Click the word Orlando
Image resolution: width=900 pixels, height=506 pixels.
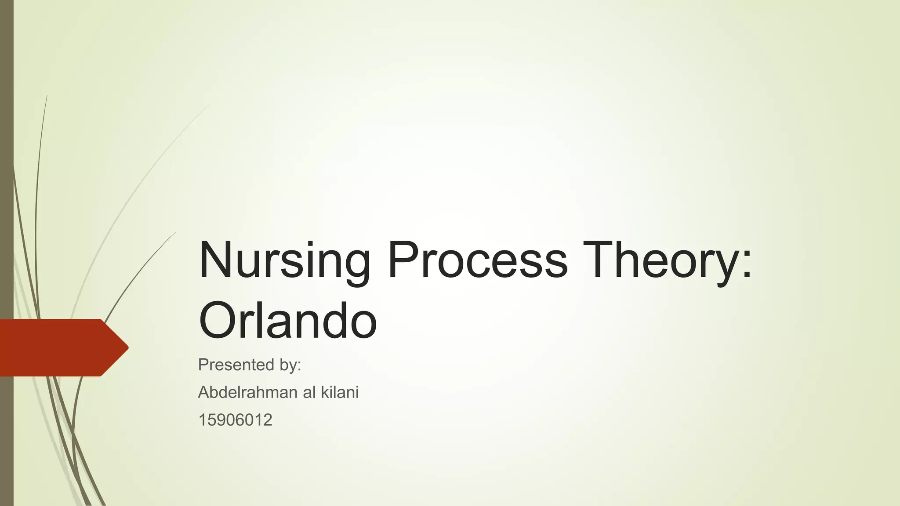(288, 321)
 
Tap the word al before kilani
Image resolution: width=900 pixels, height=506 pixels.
(309, 392)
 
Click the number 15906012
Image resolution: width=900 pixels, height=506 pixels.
(235, 420)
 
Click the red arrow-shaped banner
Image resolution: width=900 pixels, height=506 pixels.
(57, 347)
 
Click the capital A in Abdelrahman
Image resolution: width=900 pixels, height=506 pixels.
(205, 392)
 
